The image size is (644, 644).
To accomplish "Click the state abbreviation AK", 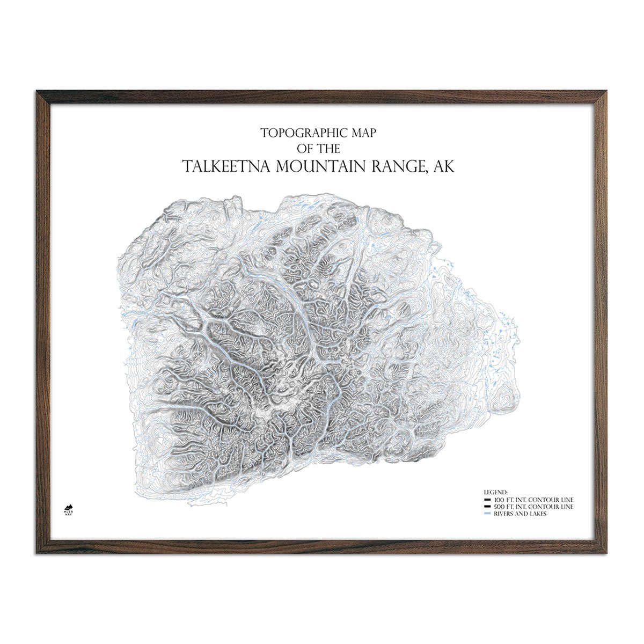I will point(443,166).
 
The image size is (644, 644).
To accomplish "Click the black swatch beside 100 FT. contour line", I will point(486,500).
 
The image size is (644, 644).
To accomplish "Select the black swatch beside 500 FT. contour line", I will point(486,507).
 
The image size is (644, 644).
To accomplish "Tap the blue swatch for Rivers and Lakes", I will point(486,514).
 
